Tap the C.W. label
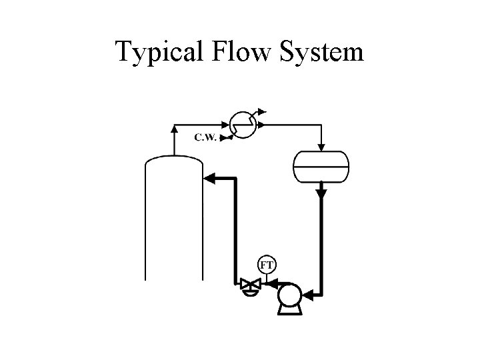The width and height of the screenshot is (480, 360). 205,138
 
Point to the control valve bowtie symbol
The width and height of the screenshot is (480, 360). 250,285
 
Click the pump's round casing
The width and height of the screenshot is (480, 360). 289,294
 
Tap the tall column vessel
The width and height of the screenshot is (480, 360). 174,220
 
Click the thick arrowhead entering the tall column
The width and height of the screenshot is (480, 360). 208,178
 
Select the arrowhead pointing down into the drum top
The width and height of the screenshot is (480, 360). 321,146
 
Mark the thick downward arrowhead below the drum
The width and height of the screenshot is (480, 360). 321,193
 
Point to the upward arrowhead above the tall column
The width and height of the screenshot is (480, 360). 174,127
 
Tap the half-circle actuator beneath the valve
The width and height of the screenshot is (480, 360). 250,293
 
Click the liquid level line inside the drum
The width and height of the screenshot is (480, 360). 321,165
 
